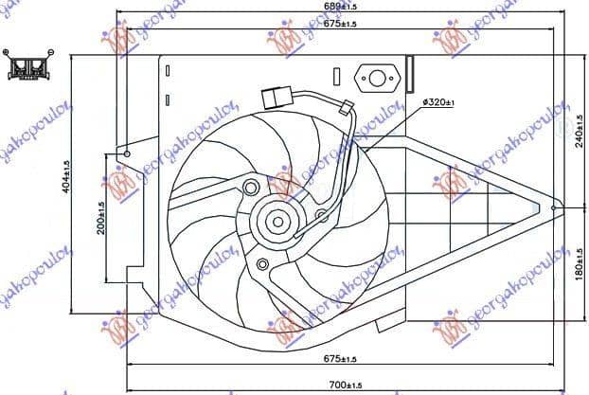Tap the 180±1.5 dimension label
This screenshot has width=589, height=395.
[x=578, y=261]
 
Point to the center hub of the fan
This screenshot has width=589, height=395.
[x=277, y=223]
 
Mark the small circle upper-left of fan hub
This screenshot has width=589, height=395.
[x=250, y=186]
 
